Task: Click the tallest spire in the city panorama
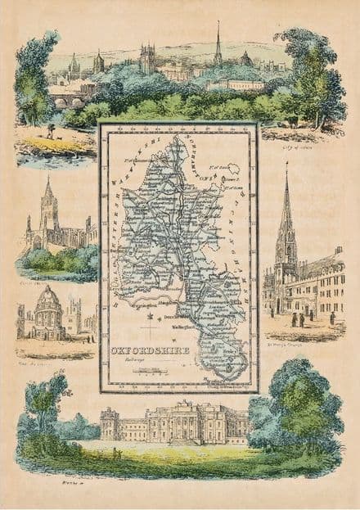[218, 37]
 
